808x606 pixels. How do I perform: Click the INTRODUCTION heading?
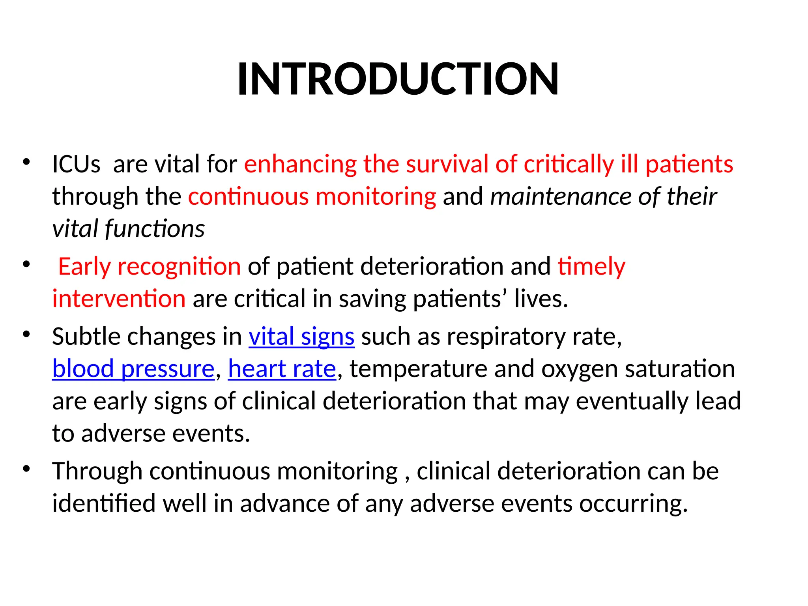pyautogui.click(x=398, y=80)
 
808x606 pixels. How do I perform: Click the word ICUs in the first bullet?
pyautogui.click(x=76, y=165)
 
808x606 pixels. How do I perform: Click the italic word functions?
pyautogui.click(x=155, y=229)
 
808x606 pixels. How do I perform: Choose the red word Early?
pyautogui.click(x=84, y=267)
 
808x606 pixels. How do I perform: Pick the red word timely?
pyautogui.click(x=591, y=267)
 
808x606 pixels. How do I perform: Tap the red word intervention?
pyautogui.click(x=119, y=299)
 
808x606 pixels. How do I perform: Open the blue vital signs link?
pyautogui.click(x=301, y=337)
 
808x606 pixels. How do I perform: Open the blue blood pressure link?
pyautogui.click(x=133, y=369)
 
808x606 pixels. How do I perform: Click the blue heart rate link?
pyautogui.click(x=282, y=369)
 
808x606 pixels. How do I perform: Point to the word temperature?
pyautogui.click(x=418, y=369)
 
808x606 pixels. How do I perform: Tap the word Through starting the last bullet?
pyautogui.click(x=97, y=471)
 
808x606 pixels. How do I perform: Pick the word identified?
pyautogui.click(x=104, y=504)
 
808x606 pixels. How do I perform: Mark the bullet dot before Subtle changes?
pyautogui.click(x=26, y=335)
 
